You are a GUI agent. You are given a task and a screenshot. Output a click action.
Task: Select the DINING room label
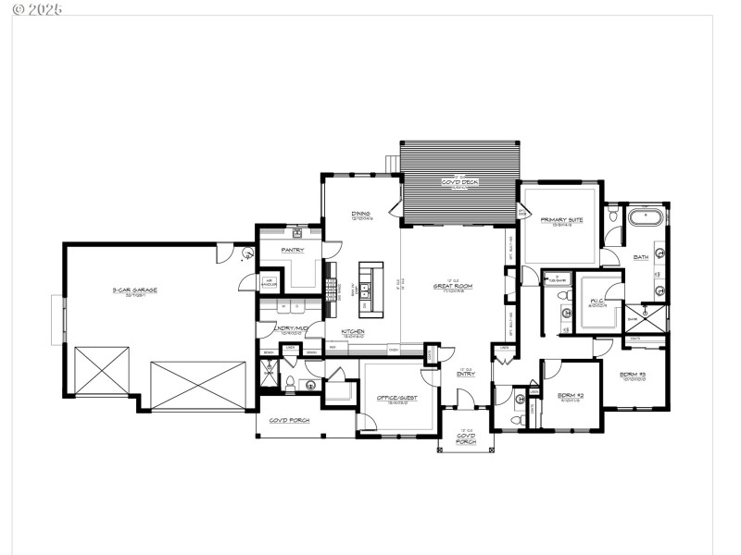(360, 215)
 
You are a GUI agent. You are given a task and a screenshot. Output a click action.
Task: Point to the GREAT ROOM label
(453, 287)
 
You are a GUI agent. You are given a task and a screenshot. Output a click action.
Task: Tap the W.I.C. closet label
(598, 302)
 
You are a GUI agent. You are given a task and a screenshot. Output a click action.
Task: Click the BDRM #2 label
(571, 395)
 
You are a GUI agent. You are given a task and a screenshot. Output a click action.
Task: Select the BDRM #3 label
(633, 374)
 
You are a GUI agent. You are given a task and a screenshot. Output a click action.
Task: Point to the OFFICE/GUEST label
(396, 398)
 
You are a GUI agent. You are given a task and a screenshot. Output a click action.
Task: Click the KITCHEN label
(352, 331)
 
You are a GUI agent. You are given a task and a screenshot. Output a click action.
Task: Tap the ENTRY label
(466, 374)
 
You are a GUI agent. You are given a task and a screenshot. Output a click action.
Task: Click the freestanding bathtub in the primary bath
(646, 219)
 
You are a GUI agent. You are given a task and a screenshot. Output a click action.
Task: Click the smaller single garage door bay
(101, 371)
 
